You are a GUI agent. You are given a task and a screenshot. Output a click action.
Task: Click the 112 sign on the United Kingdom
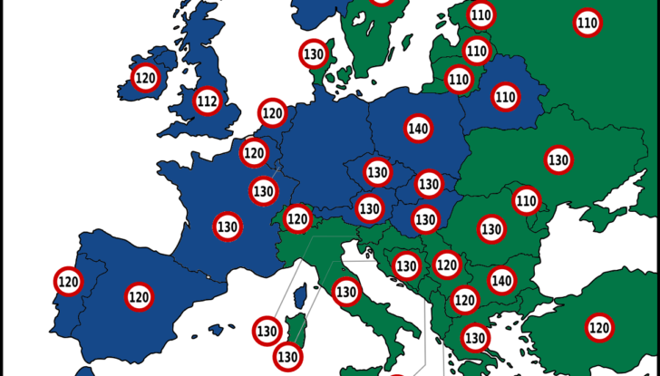click(208, 101)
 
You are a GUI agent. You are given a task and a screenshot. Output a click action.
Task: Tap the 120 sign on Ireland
click(145, 78)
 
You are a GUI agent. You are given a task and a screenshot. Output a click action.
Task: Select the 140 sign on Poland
click(418, 130)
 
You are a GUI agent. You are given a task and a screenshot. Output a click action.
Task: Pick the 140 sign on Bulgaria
click(501, 281)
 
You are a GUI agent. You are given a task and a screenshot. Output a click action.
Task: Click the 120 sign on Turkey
click(599, 327)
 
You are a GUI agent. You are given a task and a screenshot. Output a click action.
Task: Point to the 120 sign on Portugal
click(68, 282)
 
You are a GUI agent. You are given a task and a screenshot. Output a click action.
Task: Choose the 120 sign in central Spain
click(139, 296)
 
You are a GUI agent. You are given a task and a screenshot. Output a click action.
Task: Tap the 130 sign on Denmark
click(314, 53)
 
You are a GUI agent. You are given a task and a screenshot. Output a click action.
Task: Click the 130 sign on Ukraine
click(558, 160)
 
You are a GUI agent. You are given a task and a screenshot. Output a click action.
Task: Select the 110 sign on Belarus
click(505, 95)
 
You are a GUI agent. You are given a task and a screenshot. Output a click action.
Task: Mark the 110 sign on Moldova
click(527, 199)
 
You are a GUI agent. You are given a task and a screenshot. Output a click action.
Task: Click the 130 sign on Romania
click(491, 228)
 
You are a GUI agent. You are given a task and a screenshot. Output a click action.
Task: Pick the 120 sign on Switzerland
click(297, 218)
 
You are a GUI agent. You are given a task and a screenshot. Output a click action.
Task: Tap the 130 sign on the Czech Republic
click(377, 171)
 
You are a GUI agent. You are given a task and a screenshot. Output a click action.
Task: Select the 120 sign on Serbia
click(446, 265)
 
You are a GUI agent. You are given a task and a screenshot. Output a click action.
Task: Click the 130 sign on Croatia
click(406, 266)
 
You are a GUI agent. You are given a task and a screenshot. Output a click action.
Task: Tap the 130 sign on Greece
click(475, 337)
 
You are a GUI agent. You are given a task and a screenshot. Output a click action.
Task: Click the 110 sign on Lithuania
click(459, 80)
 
